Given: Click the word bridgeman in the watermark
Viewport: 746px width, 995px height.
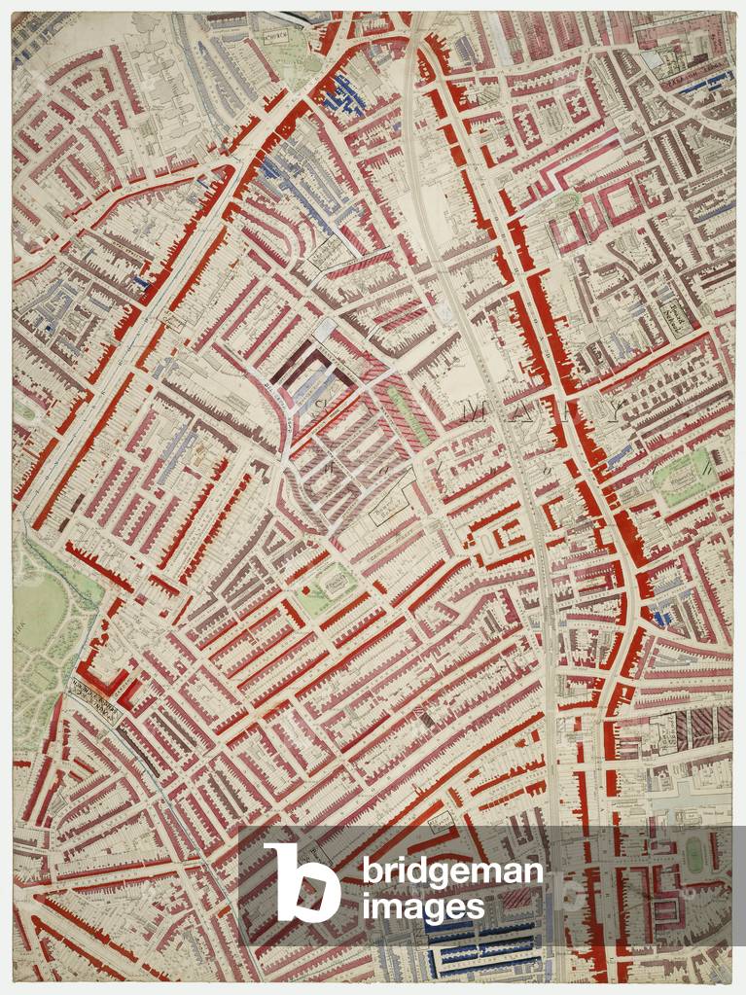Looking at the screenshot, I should [x=452, y=872].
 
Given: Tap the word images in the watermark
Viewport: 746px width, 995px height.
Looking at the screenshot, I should [x=423, y=907].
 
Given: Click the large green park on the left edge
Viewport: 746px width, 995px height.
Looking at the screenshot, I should [x=44, y=622].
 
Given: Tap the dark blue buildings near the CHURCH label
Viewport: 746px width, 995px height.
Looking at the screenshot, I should [x=344, y=92].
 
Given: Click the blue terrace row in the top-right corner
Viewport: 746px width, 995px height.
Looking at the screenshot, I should [x=705, y=84].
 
